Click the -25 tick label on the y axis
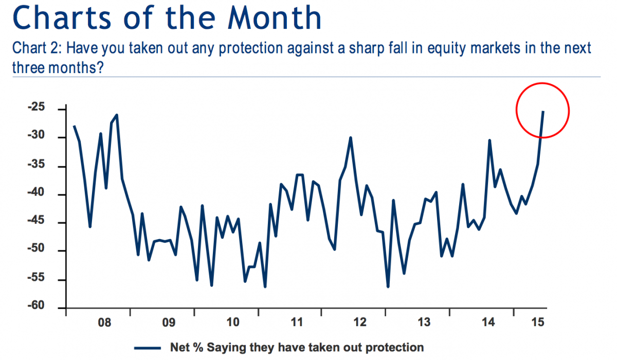click(38, 109)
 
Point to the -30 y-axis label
click(38, 137)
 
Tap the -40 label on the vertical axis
click(38, 194)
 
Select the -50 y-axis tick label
click(38, 251)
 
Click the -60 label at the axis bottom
click(38, 307)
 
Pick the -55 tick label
click(38, 280)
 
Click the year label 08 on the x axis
click(104, 323)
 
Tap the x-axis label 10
click(232, 323)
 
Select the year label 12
click(360, 323)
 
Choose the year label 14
click(488, 323)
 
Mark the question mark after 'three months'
click(102, 67)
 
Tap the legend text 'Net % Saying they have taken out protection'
click(297, 348)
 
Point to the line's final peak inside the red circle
click(543, 111)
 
